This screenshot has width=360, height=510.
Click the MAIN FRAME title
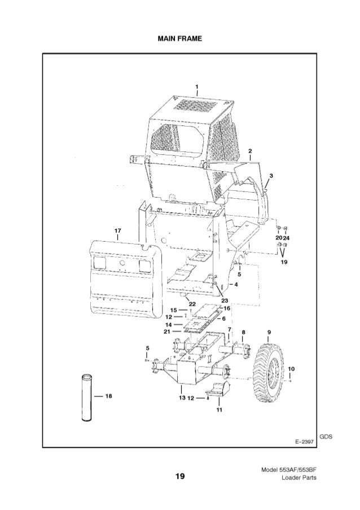pos(179,39)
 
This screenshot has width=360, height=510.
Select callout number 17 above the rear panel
pos(117,230)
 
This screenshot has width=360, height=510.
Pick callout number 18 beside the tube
pos(107,396)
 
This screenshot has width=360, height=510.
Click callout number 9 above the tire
pos(269,332)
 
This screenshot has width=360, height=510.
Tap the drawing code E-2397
pos(303,441)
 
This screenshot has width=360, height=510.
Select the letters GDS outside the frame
pos(326,436)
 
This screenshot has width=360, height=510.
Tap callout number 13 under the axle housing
pos(182,398)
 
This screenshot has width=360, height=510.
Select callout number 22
pos(192,304)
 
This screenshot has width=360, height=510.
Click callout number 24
pos(287,238)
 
